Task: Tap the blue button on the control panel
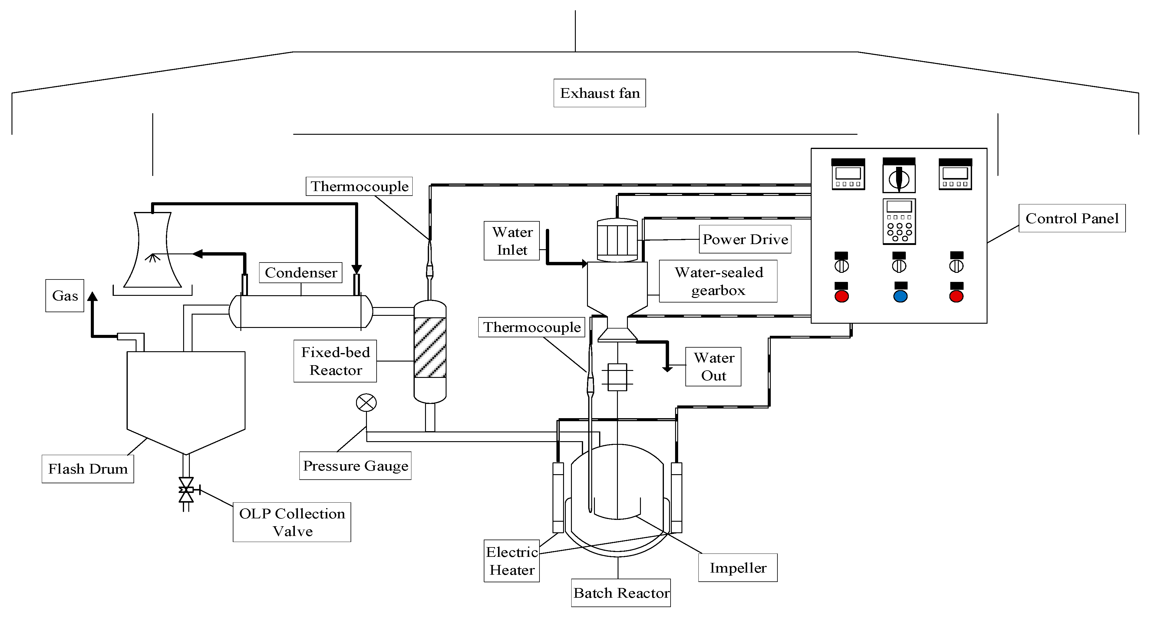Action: (x=900, y=296)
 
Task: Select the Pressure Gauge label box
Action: (x=355, y=466)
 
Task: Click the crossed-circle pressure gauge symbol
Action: (x=366, y=403)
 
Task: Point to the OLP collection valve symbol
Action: (x=186, y=490)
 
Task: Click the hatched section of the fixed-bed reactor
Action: (x=430, y=347)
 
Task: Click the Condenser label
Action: (x=301, y=273)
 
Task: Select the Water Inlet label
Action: (x=512, y=241)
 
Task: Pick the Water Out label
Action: (x=713, y=366)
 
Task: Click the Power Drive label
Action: (x=745, y=239)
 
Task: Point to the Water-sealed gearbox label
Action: (x=718, y=281)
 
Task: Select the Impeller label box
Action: (x=738, y=567)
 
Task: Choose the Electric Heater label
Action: (x=512, y=561)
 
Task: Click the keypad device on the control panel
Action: (x=899, y=222)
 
